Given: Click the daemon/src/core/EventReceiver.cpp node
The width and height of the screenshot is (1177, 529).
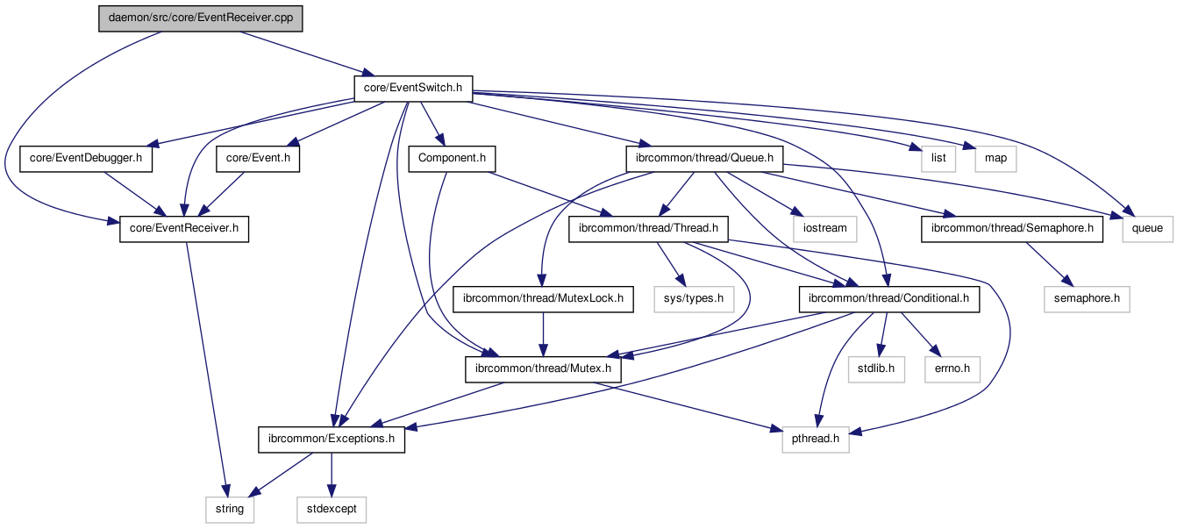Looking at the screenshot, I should pyautogui.click(x=200, y=18).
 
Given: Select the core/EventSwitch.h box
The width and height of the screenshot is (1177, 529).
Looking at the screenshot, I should pyautogui.click(x=413, y=88).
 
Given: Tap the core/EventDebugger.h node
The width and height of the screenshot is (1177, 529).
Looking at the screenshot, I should pyautogui.click(x=86, y=159).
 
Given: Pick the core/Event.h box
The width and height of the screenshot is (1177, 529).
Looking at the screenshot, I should pyautogui.click(x=258, y=159).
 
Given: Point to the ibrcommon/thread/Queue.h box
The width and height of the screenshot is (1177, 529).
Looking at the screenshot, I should pyautogui.click(x=703, y=159).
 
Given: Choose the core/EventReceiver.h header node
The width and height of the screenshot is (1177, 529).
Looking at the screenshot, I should pyautogui.click(x=184, y=229).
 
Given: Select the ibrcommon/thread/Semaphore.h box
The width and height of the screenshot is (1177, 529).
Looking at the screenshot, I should pyautogui.click(x=1012, y=229).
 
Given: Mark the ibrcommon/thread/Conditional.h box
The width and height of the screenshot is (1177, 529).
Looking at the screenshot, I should pyautogui.click(x=889, y=299).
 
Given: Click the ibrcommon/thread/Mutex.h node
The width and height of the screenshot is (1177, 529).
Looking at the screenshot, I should pyautogui.click(x=543, y=369).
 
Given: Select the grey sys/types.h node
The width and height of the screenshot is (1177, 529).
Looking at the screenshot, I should pyautogui.click(x=693, y=299).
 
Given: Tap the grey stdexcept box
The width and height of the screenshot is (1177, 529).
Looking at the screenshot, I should pyautogui.click(x=331, y=509).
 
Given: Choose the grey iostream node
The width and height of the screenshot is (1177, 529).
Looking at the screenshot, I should pyautogui.click(x=824, y=229).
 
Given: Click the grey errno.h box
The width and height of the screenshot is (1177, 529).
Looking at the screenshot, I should pyautogui.click(x=952, y=369).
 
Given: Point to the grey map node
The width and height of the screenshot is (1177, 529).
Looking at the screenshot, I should pyautogui.click(x=995, y=159).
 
